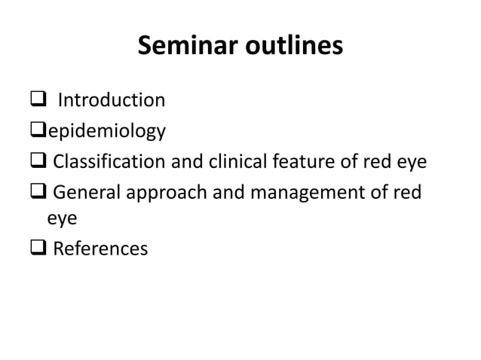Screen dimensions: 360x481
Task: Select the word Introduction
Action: [x=112, y=100]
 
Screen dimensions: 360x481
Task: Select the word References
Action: [x=100, y=249]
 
